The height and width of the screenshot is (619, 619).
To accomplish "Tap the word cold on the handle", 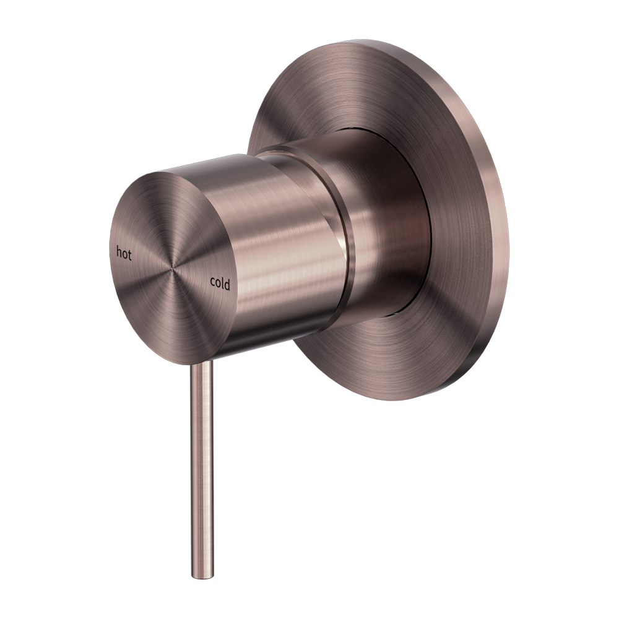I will coord(220,284).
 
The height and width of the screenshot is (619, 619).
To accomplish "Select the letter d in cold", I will coord(228,284).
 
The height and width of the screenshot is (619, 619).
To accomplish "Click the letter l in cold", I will coord(223,283).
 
